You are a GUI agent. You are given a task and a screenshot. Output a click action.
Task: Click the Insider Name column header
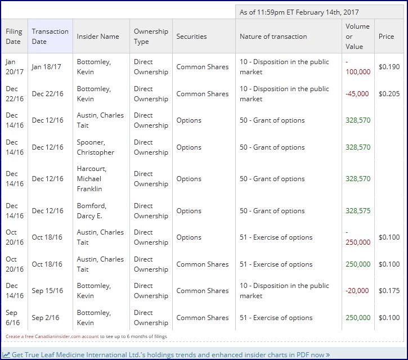coord(98,37)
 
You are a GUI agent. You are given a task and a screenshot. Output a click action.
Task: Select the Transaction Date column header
coord(50,37)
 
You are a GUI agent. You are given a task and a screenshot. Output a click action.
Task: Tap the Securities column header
coord(191,37)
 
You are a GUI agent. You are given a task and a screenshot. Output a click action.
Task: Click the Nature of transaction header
coord(273,37)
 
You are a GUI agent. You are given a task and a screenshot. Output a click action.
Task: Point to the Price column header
coord(386,37)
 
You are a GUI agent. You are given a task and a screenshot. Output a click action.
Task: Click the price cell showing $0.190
coord(389,66)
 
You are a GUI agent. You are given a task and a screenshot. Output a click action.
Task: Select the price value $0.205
coord(389,93)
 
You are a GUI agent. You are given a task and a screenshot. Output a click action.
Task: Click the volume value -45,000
coord(358,93)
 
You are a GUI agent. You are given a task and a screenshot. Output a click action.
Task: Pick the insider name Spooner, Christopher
coord(95,147)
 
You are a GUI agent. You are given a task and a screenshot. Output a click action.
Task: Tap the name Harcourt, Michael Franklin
coord(92,179)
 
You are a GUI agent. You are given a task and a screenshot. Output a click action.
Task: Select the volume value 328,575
coord(358,211)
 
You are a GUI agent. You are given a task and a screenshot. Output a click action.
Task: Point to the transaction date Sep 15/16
coord(47,291)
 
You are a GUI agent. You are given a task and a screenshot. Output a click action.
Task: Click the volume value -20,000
coord(358,291)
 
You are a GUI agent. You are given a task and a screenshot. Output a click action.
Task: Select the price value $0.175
coord(389,291)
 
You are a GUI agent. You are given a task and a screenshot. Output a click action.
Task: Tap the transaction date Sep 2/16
coord(46,318)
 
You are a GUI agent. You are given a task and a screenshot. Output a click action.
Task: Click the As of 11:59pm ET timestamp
coord(299,12)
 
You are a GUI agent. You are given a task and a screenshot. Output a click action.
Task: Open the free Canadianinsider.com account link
coord(52,336)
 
